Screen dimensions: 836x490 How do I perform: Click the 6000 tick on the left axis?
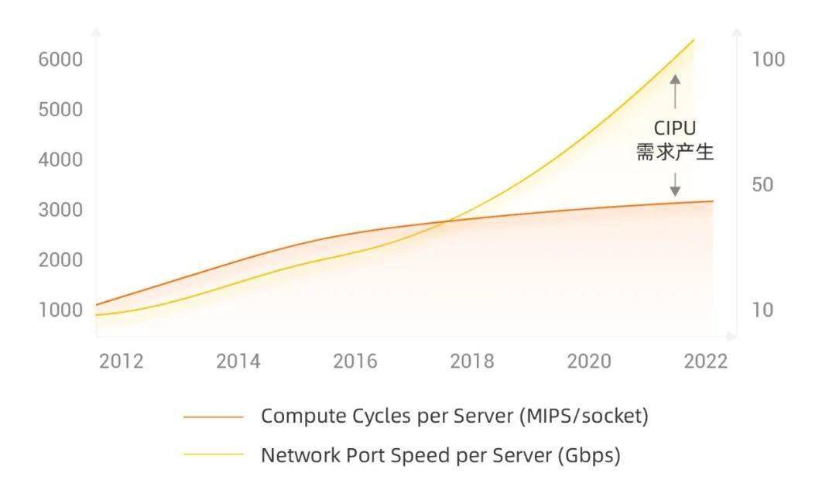click(x=60, y=59)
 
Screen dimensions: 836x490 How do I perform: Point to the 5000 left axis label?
click(x=60, y=109)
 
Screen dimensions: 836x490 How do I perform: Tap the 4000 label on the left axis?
click(x=60, y=159)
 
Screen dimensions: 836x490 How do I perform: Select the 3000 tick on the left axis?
click(x=60, y=210)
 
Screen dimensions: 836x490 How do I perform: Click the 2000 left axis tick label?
click(x=60, y=259)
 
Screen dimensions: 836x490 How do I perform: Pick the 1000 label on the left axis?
click(x=60, y=310)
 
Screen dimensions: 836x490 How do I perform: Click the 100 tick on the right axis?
click(x=769, y=59)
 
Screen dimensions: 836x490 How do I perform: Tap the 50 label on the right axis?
click(x=762, y=184)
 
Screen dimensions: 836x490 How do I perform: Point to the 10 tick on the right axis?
click(x=762, y=310)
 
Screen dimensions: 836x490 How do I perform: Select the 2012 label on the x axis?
click(x=121, y=362)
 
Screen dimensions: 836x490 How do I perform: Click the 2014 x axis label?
click(x=238, y=362)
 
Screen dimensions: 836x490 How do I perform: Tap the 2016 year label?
click(x=355, y=362)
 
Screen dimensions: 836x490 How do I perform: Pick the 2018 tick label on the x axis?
click(x=472, y=362)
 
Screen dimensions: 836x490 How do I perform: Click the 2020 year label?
click(x=588, y=362)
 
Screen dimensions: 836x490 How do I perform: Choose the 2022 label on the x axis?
click(x=705, y=362)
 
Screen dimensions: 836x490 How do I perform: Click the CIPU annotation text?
click(x=675, y=128)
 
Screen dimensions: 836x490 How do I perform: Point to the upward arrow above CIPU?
click(x=675, y=91)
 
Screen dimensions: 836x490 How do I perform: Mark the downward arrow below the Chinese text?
click(x=675, y=184)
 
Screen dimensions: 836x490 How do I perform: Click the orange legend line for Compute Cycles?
click(x=214, y=416)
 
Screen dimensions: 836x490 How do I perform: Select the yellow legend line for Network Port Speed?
click(x=214, y=455)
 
